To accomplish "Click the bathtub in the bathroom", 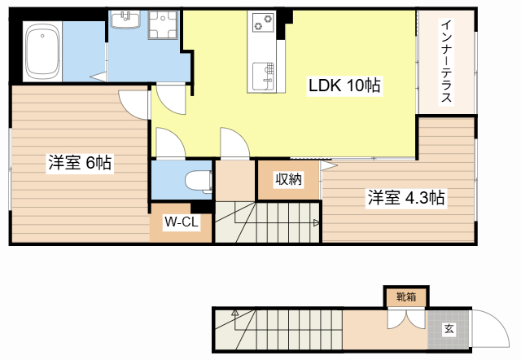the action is pyautogui.click(x=42, y=51).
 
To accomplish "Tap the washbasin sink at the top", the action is pyautogui.click(x=125, y=20).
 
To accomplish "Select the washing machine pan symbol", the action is pyautogui.click(x=163, y=24).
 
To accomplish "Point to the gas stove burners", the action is pyautogui.click(x=263, y=22).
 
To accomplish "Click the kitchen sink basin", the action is pyautogui.click(x=263, y=76).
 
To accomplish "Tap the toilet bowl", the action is pyautogui.click(x=199, y=181).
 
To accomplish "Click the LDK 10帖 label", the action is pyautogui.click(x=344, y=86).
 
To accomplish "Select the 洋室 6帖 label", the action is pyautogui.click(x=80, y=163).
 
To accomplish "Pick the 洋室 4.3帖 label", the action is pyautogui.click(x=406, y=197).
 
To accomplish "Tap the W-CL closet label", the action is pyautogui.click(x=182, y=222).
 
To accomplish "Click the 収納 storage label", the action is pyautogui.click(x=288, y=179).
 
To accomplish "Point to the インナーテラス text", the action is pyautogui.click(x=447, y=61).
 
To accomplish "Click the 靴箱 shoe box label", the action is pyautogui.click(x=406, y=296).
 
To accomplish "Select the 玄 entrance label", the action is pyautogui.click(x=449, y=329).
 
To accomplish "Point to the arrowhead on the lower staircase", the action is pyautogui.click(x=235, y=313).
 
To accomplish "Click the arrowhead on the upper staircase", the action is pyautogui.click(x=317, y=222).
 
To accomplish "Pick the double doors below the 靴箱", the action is pyautogui.click(x=406, y=319).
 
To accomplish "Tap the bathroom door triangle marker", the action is pyautogui.click(x=99, y=77).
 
